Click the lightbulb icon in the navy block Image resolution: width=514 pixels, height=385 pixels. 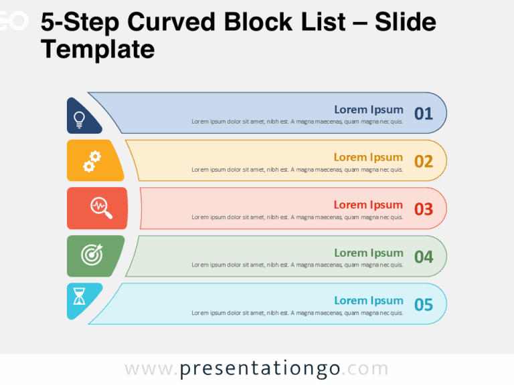point(79,120)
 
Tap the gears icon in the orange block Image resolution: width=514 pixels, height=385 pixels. point(92,161)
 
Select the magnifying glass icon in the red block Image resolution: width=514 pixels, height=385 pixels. point(101,208)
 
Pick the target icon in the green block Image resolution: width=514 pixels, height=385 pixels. point(92,254)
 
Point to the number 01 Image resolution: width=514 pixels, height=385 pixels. point(424,114)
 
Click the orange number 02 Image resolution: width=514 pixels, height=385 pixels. point(424,161)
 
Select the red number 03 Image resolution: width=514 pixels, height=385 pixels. point(424,209)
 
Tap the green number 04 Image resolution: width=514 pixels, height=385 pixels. point(424,257)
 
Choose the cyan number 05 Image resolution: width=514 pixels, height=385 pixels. point(424,305)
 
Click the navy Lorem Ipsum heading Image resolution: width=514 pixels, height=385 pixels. point(368,110)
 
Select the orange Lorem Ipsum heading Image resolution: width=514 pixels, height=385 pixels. point(368,157)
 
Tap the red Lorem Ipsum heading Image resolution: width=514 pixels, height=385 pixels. point(368,205)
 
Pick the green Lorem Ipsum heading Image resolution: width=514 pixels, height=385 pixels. point(368,253)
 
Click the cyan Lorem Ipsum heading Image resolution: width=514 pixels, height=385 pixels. point(368,300)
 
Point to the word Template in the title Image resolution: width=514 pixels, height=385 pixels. point(98,49)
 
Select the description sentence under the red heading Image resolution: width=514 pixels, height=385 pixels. point(297,217)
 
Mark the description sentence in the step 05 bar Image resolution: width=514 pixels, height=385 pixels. point(297,313)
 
